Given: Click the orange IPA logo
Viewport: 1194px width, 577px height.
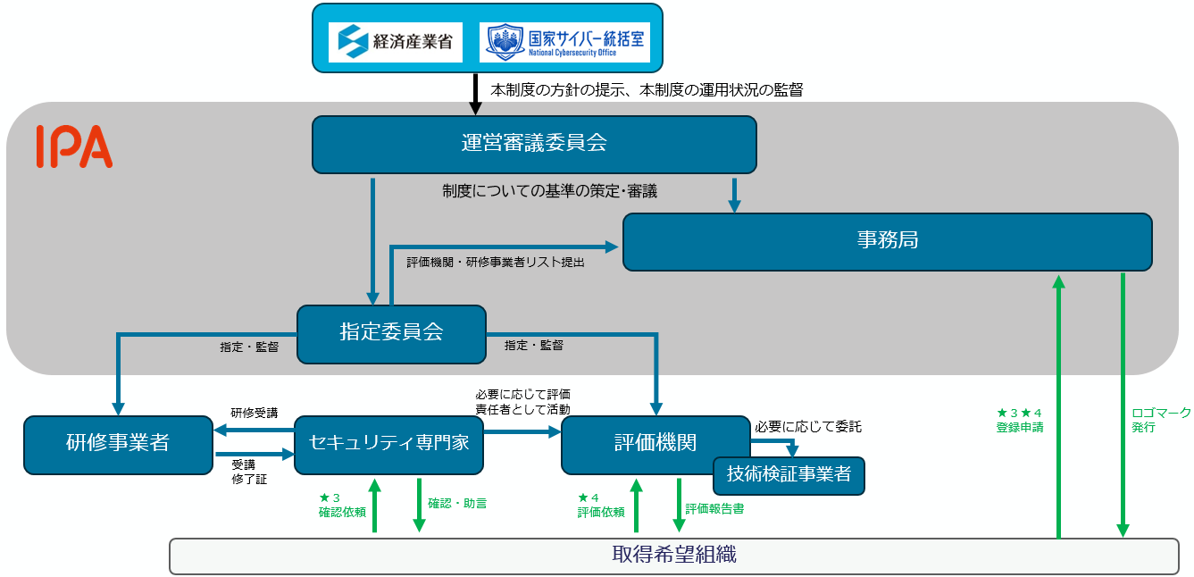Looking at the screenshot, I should click(74, 147).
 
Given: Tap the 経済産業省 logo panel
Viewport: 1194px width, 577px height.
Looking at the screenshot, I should click(395, 42).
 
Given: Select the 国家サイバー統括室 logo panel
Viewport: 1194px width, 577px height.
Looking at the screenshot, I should click(564, 42).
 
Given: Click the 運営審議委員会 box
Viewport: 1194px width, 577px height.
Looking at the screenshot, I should click(534, 144).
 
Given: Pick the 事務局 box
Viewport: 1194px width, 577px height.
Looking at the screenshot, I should click(887, 241).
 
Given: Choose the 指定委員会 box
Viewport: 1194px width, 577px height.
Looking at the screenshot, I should click(391, 334).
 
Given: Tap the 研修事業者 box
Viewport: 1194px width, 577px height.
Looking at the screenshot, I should click(118, 444).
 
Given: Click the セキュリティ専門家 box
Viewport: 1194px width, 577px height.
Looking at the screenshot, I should click(388, 444).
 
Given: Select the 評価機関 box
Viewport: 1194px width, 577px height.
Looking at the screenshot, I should click(655, 443).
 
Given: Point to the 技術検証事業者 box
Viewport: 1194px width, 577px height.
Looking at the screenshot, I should click(789, 474).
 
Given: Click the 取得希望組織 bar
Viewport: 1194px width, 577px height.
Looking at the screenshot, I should click(674, 556).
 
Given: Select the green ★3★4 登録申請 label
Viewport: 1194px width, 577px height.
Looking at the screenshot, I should click(1020, 420).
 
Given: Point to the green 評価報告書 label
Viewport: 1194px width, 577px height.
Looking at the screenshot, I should click(714, 509).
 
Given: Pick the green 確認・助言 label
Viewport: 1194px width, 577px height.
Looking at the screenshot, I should click(457, 504).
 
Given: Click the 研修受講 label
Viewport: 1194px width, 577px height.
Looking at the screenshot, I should click(255, 413).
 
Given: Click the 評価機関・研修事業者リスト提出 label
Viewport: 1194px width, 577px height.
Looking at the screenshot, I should click(496, 263).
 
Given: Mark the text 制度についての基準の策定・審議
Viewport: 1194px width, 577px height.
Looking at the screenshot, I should click(549, 191).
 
